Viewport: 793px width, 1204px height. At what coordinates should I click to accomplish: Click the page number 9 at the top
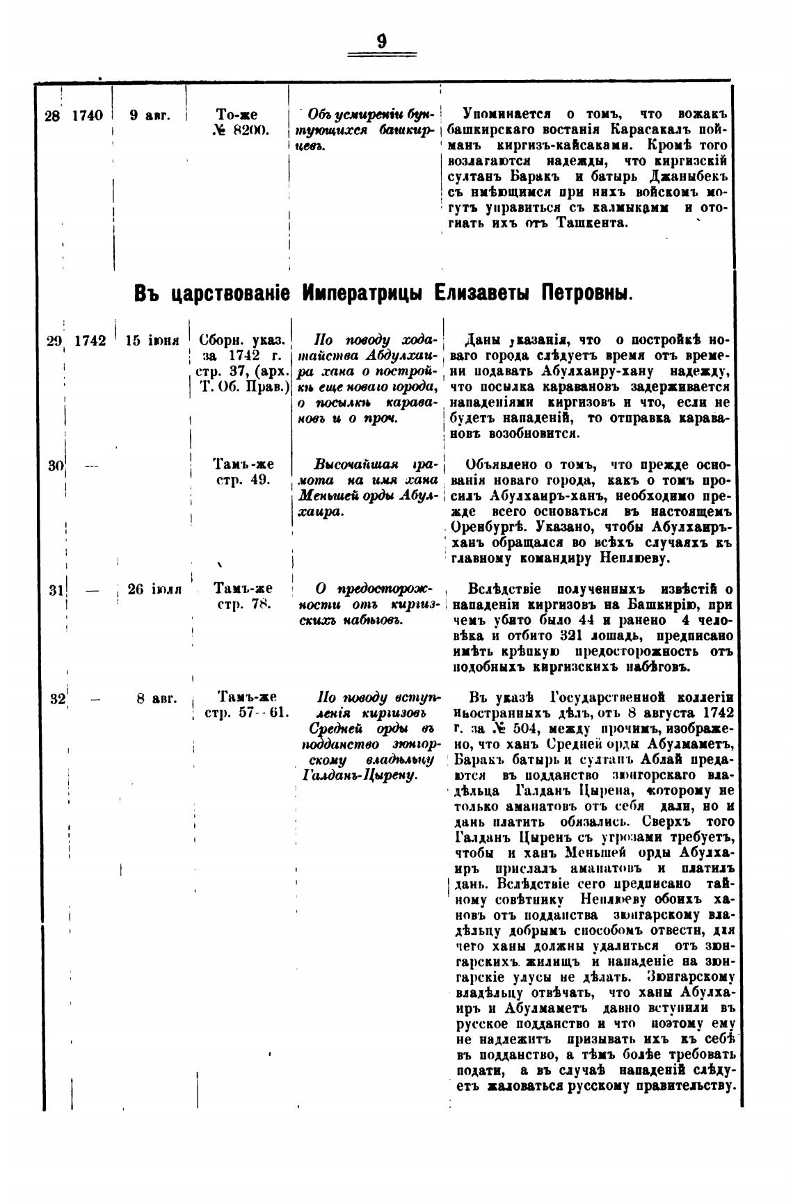click(x=382, y=42)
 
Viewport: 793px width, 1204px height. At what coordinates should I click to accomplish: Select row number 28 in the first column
click(x=51, y=115)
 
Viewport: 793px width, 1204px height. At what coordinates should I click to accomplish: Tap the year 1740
click(x=86, y=115)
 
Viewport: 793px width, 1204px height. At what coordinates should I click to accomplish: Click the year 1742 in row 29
click(x=90, y=341)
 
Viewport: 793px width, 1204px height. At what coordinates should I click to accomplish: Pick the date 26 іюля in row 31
click(x=154, y=589)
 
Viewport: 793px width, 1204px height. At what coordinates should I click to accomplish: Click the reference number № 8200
click(x=237, y=131)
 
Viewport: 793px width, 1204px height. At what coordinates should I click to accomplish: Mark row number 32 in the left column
click(x=57, y=699)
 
